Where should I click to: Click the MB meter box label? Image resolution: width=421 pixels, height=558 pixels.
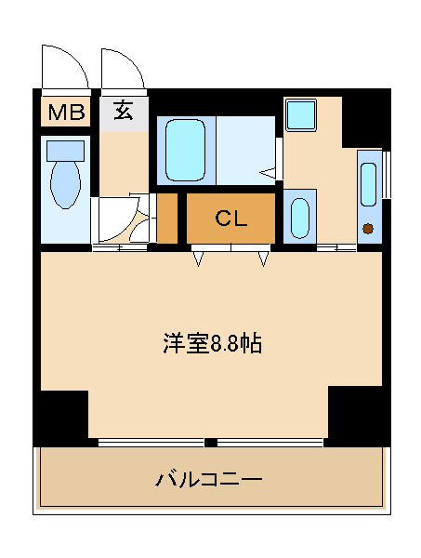67,112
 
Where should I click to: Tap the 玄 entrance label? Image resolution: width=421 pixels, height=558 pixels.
124,110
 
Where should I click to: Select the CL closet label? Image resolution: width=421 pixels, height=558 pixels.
230,219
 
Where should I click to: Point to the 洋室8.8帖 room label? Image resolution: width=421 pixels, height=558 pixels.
212,344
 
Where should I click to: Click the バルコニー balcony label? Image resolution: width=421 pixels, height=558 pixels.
209,479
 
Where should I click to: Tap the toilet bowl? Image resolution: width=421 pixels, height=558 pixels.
65,184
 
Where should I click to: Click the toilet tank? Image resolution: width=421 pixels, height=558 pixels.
65,151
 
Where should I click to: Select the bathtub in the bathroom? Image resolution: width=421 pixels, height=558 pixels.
186,150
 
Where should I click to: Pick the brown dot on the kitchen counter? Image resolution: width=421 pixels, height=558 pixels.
368,228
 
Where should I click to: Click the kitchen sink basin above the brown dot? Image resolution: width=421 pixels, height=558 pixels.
368,184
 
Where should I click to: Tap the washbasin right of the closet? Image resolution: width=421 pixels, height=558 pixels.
300,218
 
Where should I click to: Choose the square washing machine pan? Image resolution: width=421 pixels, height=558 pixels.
301,115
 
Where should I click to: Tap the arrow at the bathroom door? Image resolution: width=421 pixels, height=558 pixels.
268,173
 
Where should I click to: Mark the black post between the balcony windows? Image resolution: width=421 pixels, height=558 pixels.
210,443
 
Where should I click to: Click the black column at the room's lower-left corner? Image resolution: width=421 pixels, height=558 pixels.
60,418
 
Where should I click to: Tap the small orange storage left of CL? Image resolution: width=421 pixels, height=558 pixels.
167,219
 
